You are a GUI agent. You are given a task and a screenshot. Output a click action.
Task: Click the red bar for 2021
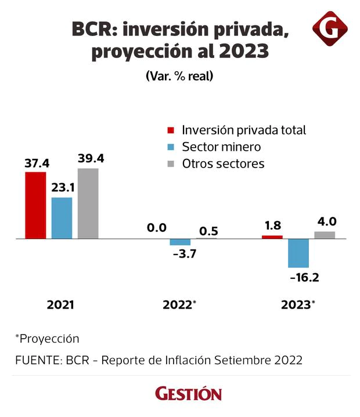point(35,205)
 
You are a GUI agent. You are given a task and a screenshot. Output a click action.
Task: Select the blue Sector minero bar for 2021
point(62,218)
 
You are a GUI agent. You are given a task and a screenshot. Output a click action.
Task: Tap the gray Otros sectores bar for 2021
point(88,204)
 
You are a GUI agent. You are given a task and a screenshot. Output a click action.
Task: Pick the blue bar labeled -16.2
point(298,253)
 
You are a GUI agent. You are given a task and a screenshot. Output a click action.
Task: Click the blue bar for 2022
point(180,242)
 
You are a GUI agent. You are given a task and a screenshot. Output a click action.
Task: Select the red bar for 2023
point(272,237)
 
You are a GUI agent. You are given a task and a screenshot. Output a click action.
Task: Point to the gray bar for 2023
point(325,235)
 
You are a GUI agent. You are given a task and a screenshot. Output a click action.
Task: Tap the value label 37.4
point(35,163)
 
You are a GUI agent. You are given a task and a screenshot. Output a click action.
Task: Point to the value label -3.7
point(181,256)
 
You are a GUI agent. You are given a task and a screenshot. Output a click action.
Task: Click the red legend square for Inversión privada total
point(171,130)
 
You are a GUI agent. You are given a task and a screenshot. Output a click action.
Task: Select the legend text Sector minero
point(221,147)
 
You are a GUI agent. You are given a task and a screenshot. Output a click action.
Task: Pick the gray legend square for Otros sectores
point(171,164)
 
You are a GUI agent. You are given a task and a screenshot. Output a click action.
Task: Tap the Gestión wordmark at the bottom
point(188,394)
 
